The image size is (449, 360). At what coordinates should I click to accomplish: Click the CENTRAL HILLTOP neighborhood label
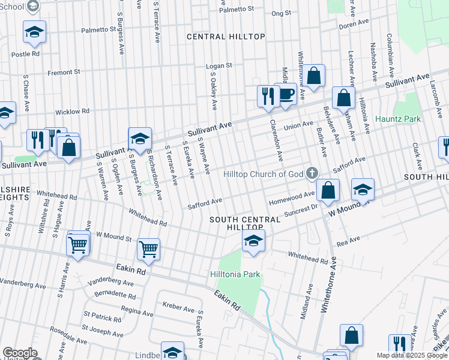(x=226, y=37)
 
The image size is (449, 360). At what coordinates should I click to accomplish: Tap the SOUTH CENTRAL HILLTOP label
(x=245, y=223)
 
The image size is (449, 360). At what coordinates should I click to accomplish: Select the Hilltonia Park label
(x=235, y=274)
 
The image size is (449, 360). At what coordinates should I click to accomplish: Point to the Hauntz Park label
(x=398, y=119)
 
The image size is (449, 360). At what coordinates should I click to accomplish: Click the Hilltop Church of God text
(x=264, y=174)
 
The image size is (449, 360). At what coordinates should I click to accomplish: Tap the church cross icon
(x=312, y=174)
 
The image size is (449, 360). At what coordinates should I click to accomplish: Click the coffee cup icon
(x=287, y=95)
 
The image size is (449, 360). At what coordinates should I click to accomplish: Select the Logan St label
(x=219, y=66)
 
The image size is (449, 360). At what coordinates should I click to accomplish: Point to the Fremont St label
(x=64, y=72)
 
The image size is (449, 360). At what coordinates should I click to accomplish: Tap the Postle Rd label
(x=25, y=53)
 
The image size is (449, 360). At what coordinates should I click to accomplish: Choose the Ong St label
(x=281, y=13)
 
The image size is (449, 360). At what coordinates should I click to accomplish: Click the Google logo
(x=20, y=353)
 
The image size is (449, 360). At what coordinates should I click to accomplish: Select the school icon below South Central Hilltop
(x=253, y=242)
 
